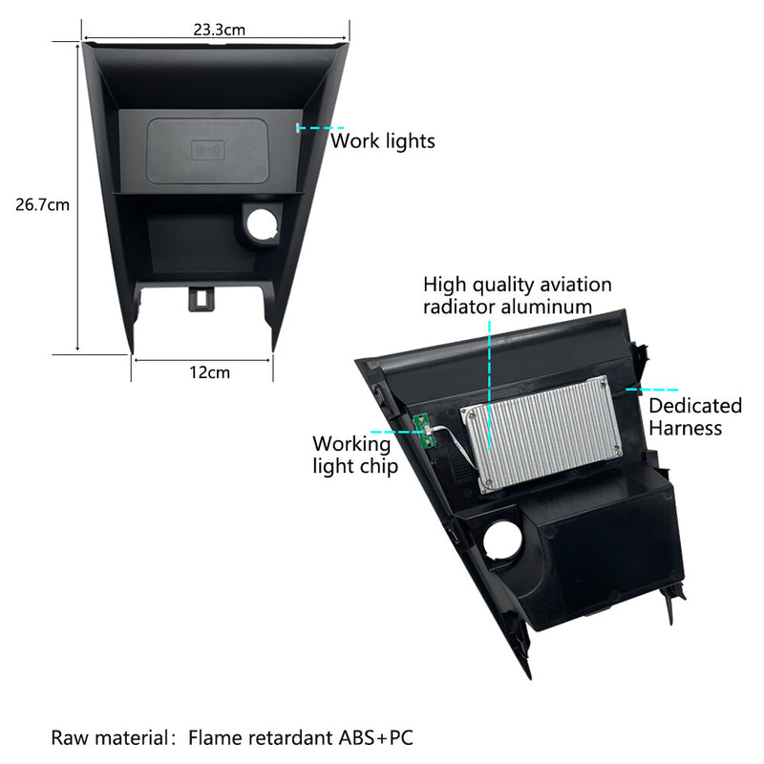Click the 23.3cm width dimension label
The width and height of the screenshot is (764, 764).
coord(220,30)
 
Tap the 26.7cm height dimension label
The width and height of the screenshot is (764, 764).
coord(42,204)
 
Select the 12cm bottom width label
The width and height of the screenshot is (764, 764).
coord(209,372)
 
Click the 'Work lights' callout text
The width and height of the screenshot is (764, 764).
coord(383,140)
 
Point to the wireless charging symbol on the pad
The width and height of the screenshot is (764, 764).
coord(208,150)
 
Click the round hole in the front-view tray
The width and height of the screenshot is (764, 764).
coord(263,224)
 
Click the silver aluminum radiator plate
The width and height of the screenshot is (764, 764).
coord(541,433)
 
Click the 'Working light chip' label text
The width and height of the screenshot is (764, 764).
coord(355,456)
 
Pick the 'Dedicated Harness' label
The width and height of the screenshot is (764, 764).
coord(695,416)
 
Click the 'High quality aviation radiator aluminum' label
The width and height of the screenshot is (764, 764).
coord(518,296)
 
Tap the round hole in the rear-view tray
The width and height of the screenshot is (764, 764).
coord(502,540)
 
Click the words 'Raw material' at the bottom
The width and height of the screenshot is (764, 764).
coord(110,737)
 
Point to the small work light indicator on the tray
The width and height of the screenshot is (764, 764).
coord(297,128)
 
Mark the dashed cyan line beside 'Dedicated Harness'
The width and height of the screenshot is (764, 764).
coord(652,390)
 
